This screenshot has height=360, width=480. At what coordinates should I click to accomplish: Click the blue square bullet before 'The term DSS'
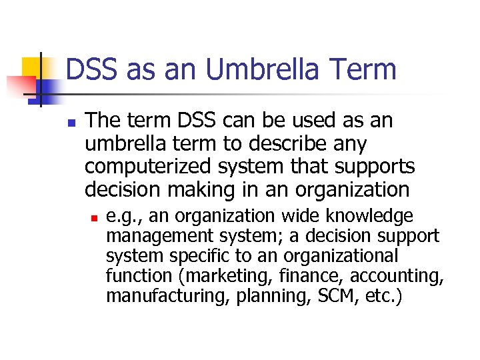point(71,123)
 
